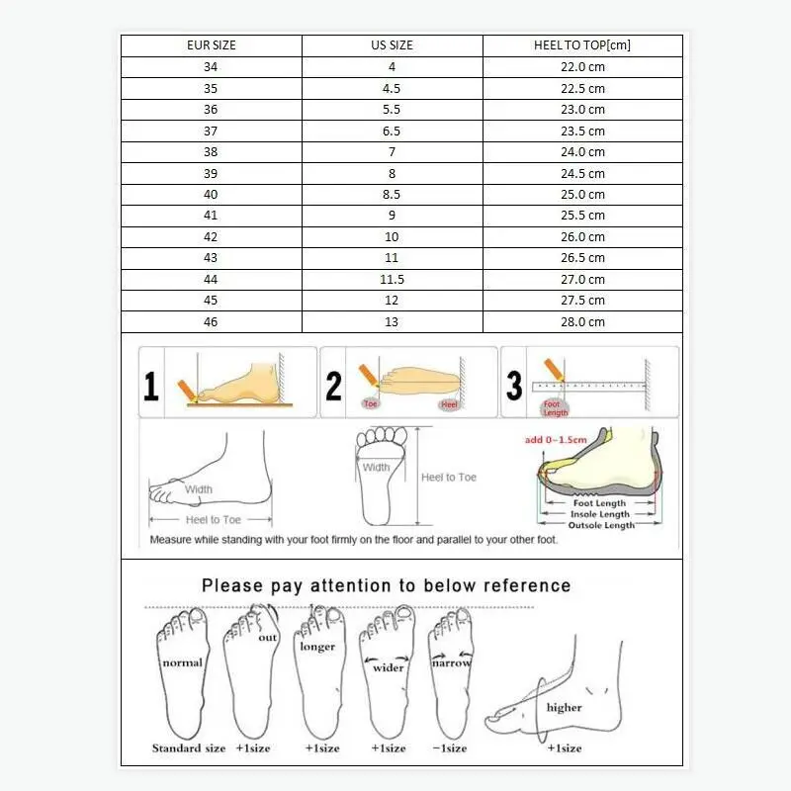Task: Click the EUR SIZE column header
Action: [x=211, y=45]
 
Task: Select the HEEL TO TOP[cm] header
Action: [x=582, y=45]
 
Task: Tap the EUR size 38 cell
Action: [x=211, y=152]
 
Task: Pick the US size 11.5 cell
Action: [x=392, y=280]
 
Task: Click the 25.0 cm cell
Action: [x=582, y=195]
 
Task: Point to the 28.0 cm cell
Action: [x=582, y=322]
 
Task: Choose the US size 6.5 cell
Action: [x=392, y=131]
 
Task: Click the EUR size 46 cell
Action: [x=211, y=322]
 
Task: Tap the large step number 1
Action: [x=150, y=385]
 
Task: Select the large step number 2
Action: [x=334, y=385]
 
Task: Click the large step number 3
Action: [x=514, y=385]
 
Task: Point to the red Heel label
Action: [x=450, y=404]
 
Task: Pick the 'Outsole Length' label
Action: [x=600, y=525]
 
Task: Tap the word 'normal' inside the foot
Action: [x=182, y=662]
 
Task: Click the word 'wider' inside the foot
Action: [x=389, y=667]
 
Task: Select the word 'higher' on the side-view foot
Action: [x=564, y=707]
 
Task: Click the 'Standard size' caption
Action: [x=189, y=748]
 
